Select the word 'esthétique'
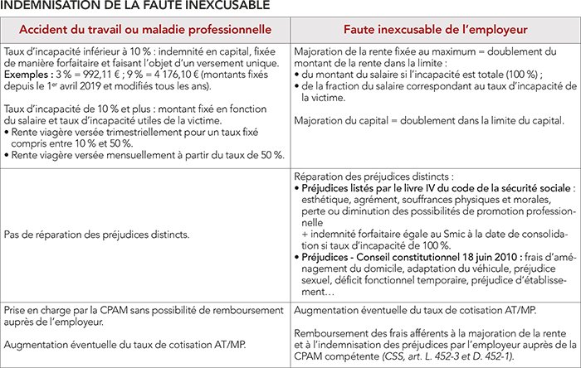pyautogui.click(x=329, y=201)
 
